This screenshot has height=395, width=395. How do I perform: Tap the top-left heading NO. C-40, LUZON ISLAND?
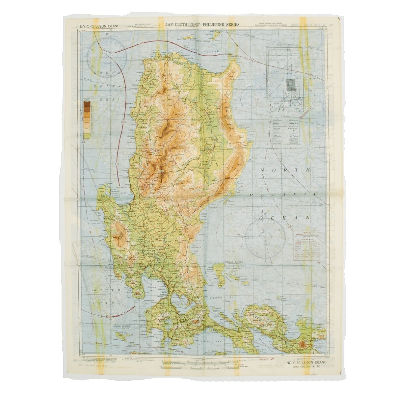(99, 26)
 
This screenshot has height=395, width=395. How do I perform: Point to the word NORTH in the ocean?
(285, 170)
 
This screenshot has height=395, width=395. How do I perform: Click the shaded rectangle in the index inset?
(291, 85)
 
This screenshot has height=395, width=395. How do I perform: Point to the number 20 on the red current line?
(123, 122)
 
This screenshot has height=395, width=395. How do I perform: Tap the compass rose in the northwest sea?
(107, 57)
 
